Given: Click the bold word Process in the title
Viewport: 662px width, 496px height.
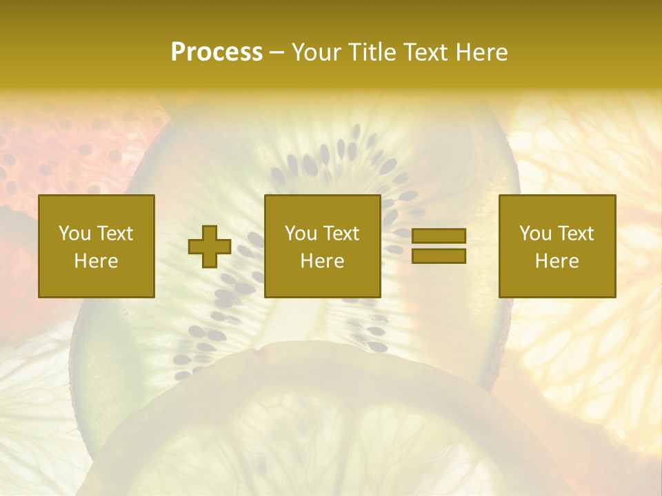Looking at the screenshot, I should click(x=217, y=52).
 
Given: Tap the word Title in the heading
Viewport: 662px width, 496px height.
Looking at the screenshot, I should click(x=372, y=52).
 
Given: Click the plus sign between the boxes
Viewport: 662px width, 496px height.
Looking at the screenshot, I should click(x=210, y=246).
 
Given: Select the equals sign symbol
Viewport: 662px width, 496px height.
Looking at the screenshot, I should click(x=439, y=246).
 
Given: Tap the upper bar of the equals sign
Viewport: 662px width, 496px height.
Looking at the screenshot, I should click(x=439, y=236).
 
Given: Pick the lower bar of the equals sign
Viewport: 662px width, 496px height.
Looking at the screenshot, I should click(x=439, y=256).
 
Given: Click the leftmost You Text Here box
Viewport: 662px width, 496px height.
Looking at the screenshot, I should click(x=97, y=246).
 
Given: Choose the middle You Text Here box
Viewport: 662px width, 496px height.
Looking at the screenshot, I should click(x=323, y=246).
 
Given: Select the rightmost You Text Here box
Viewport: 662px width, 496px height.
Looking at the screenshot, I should click(x=557, y=246).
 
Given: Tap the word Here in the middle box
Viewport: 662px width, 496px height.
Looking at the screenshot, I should click(x=323, y=261).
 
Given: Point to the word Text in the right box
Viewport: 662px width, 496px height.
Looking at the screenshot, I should click(x=576, y=234).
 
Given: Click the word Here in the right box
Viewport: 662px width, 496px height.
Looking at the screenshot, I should click(x=557, y=261).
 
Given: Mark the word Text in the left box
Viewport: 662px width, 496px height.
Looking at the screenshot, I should click(x=114, y=234).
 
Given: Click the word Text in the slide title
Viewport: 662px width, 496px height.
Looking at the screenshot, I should click(x=425, y=52).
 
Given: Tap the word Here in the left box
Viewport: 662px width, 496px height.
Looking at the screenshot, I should click(x=97, y=261).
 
